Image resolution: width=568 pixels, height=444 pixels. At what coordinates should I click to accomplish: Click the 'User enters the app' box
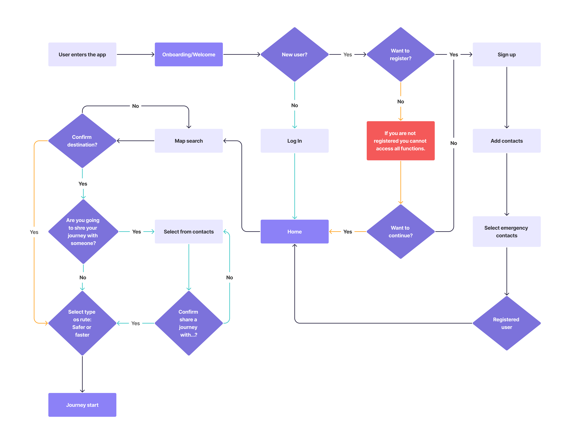click(x=82, y=54)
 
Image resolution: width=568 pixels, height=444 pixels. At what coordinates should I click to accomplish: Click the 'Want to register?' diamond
click(x=401, y=54)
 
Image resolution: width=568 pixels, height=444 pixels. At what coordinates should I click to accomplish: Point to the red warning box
click(x=401, y=141)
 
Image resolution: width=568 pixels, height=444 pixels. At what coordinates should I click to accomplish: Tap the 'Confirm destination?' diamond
click(x=82, y=141)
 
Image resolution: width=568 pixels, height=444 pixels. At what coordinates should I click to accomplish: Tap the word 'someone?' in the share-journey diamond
click(x=83, y=243)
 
